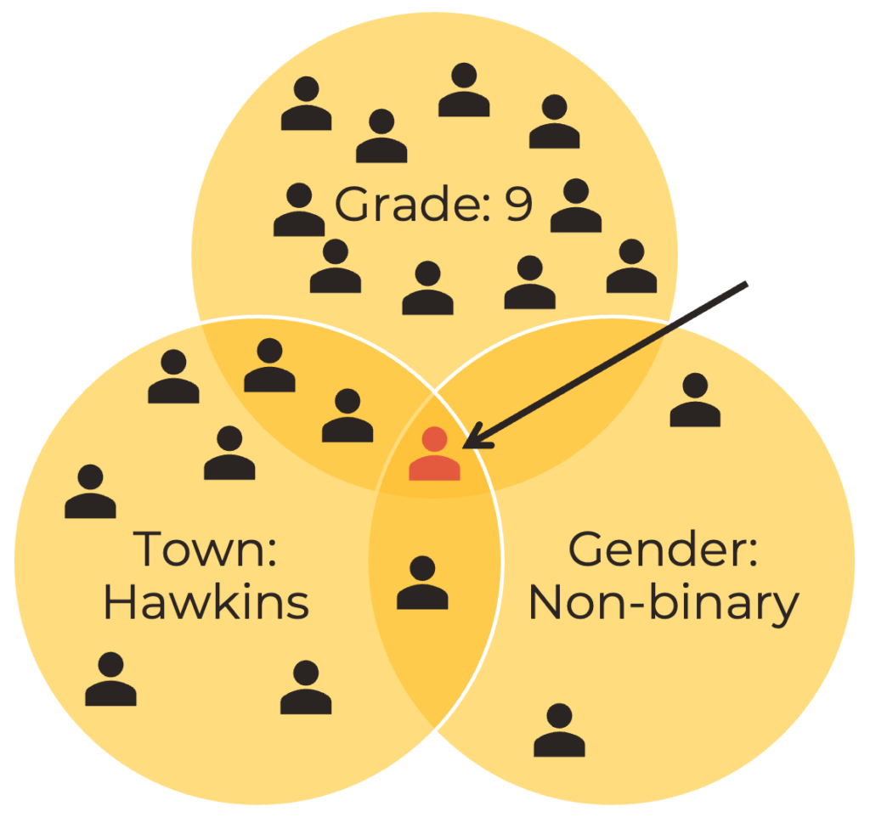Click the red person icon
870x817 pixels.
point(434,455)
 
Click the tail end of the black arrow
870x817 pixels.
point(745,284)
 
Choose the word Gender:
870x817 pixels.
point(663,549)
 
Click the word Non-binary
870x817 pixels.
point(664,603)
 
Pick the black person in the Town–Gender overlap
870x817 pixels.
point(422,583)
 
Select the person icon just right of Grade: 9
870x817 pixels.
point(576,206)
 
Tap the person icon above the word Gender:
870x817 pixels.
point(695,400)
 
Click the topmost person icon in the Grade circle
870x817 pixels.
point(464,90)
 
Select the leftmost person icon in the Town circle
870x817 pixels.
point(90,492)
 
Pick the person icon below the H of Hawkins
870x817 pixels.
point(110,679)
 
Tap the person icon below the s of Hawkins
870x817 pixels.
point(306,688)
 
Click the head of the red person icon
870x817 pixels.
point(435,439)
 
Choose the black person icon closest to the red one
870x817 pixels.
point(347,416)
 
